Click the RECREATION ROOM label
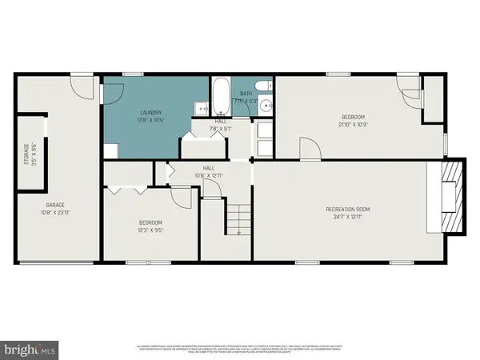pos(347,210)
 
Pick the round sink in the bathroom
pos(264,106)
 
